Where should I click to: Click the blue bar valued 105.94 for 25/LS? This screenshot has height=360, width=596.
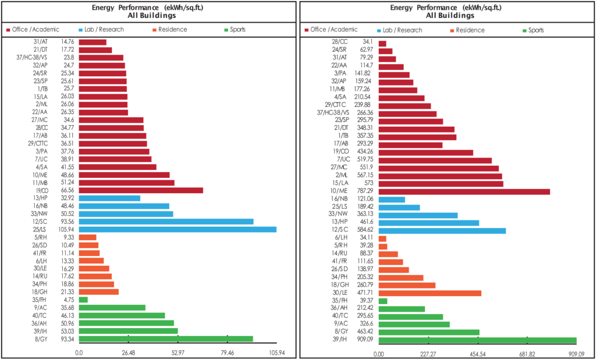[178, 229]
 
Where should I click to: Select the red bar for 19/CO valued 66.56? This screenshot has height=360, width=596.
[141, 190]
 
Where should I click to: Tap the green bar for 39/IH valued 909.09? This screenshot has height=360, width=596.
[477, 341]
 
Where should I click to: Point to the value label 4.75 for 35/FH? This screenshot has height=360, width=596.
[64, 300]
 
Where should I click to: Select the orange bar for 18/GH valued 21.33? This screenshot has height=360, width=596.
[99, 292]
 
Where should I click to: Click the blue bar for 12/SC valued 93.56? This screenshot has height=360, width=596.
[166, 222]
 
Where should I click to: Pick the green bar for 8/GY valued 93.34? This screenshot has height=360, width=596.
[166, 339]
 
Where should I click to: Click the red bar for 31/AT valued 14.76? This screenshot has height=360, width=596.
[93, 42]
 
